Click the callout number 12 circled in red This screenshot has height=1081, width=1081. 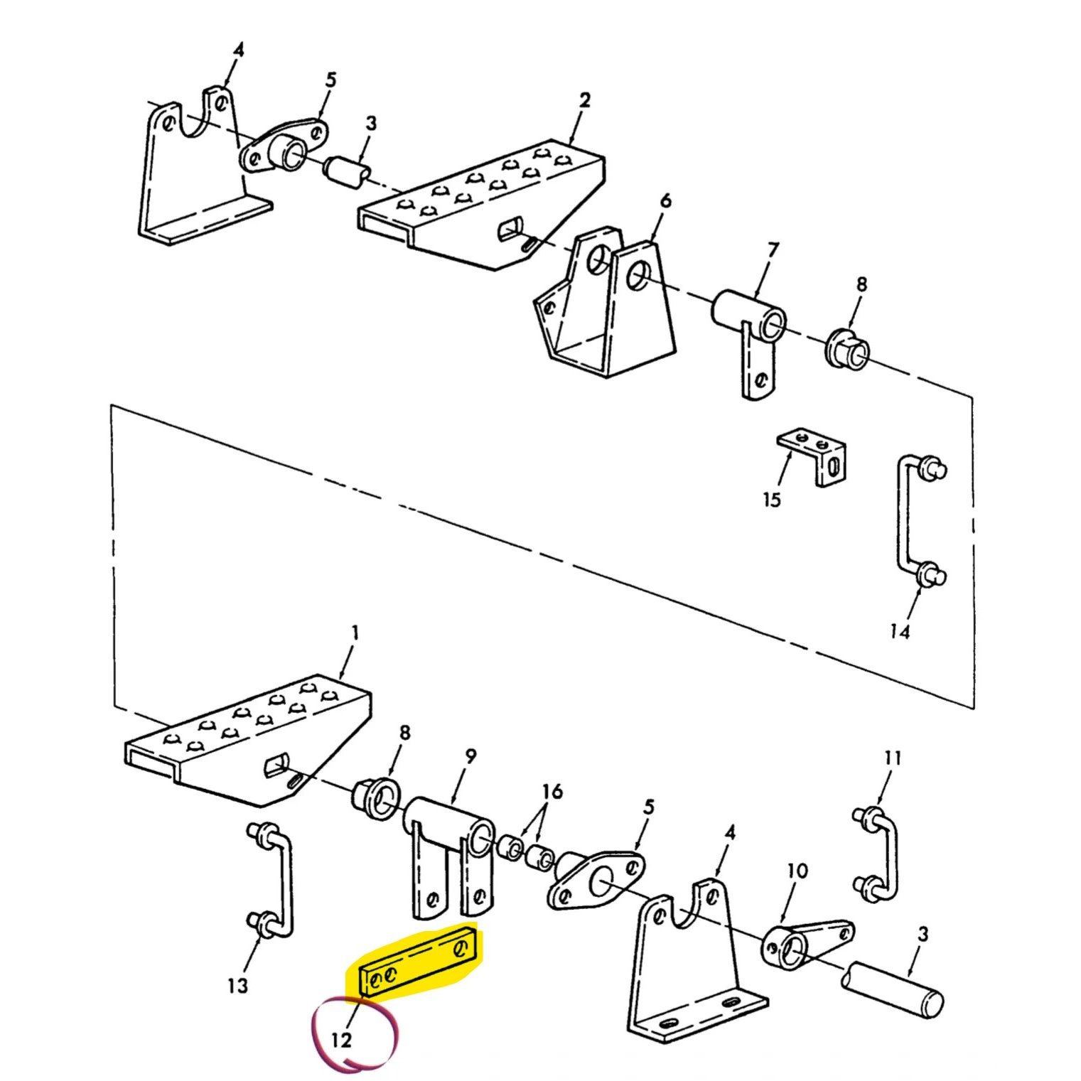(341, 1040)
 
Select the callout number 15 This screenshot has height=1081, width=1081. (771, 500)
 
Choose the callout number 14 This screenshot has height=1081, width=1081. (900, 631)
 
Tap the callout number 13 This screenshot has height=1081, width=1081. (237, 986)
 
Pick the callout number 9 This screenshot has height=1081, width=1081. (470, 757)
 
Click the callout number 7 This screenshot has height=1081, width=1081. (773, 250)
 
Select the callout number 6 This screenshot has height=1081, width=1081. (665, 201)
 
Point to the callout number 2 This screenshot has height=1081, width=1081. (584, 100)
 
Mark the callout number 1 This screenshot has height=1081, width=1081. (355, 633)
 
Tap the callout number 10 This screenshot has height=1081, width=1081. (797, 871)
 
